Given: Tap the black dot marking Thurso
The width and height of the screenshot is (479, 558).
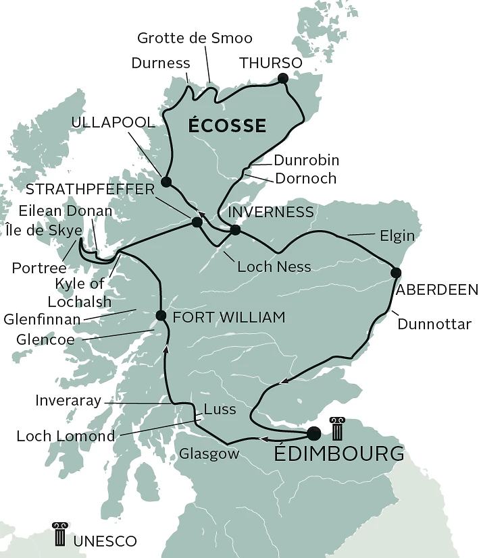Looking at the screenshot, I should click(282, 80).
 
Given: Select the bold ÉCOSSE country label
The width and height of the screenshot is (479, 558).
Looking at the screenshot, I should click(227, 125).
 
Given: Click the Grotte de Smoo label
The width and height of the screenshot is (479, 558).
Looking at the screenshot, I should click(195, 38).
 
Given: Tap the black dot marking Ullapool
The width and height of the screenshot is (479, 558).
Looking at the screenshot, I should click(166, 182).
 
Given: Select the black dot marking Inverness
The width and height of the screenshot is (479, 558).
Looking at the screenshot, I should click(235, 230).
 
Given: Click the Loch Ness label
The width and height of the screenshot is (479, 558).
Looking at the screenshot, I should click(274, 267).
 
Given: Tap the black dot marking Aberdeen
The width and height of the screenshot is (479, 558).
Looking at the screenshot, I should click(396, 273).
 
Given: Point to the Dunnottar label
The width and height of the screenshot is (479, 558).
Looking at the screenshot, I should click(434, 324).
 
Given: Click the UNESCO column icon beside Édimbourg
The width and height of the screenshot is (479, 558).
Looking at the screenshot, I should click(337, 428).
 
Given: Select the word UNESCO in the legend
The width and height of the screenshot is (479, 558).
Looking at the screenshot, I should click(105, 541).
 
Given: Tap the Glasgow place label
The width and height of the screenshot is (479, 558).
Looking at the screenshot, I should click(209, 454).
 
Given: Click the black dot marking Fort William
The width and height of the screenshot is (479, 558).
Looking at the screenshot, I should click(161, 316).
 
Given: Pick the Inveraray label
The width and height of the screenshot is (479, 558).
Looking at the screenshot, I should click(68, 401).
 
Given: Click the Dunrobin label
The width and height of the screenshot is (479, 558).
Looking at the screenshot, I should click(306, 160).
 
